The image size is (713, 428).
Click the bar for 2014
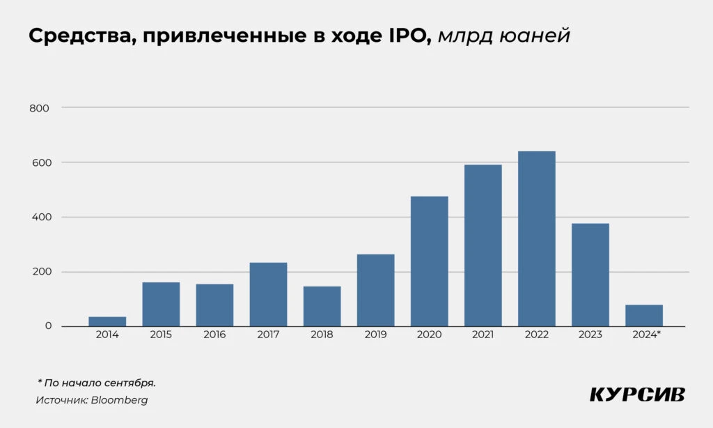click(107, 321)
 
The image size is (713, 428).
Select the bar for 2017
click(268, 294)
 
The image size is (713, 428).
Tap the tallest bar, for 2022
click(537, 238)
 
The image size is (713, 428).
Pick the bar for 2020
click(429, 261)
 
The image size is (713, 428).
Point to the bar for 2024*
click(644, 315)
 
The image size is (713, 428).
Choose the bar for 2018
click(322, 306)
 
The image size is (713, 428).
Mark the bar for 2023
click(590, 275)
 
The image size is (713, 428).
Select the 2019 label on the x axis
click(375, 335)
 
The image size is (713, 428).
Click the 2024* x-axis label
click(646, 335)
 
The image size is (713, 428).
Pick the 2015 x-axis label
click(161, 335)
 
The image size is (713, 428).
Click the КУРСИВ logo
click(637, 395)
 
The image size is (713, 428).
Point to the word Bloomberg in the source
click(119, 400)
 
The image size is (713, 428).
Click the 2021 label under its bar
click(483, 335)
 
